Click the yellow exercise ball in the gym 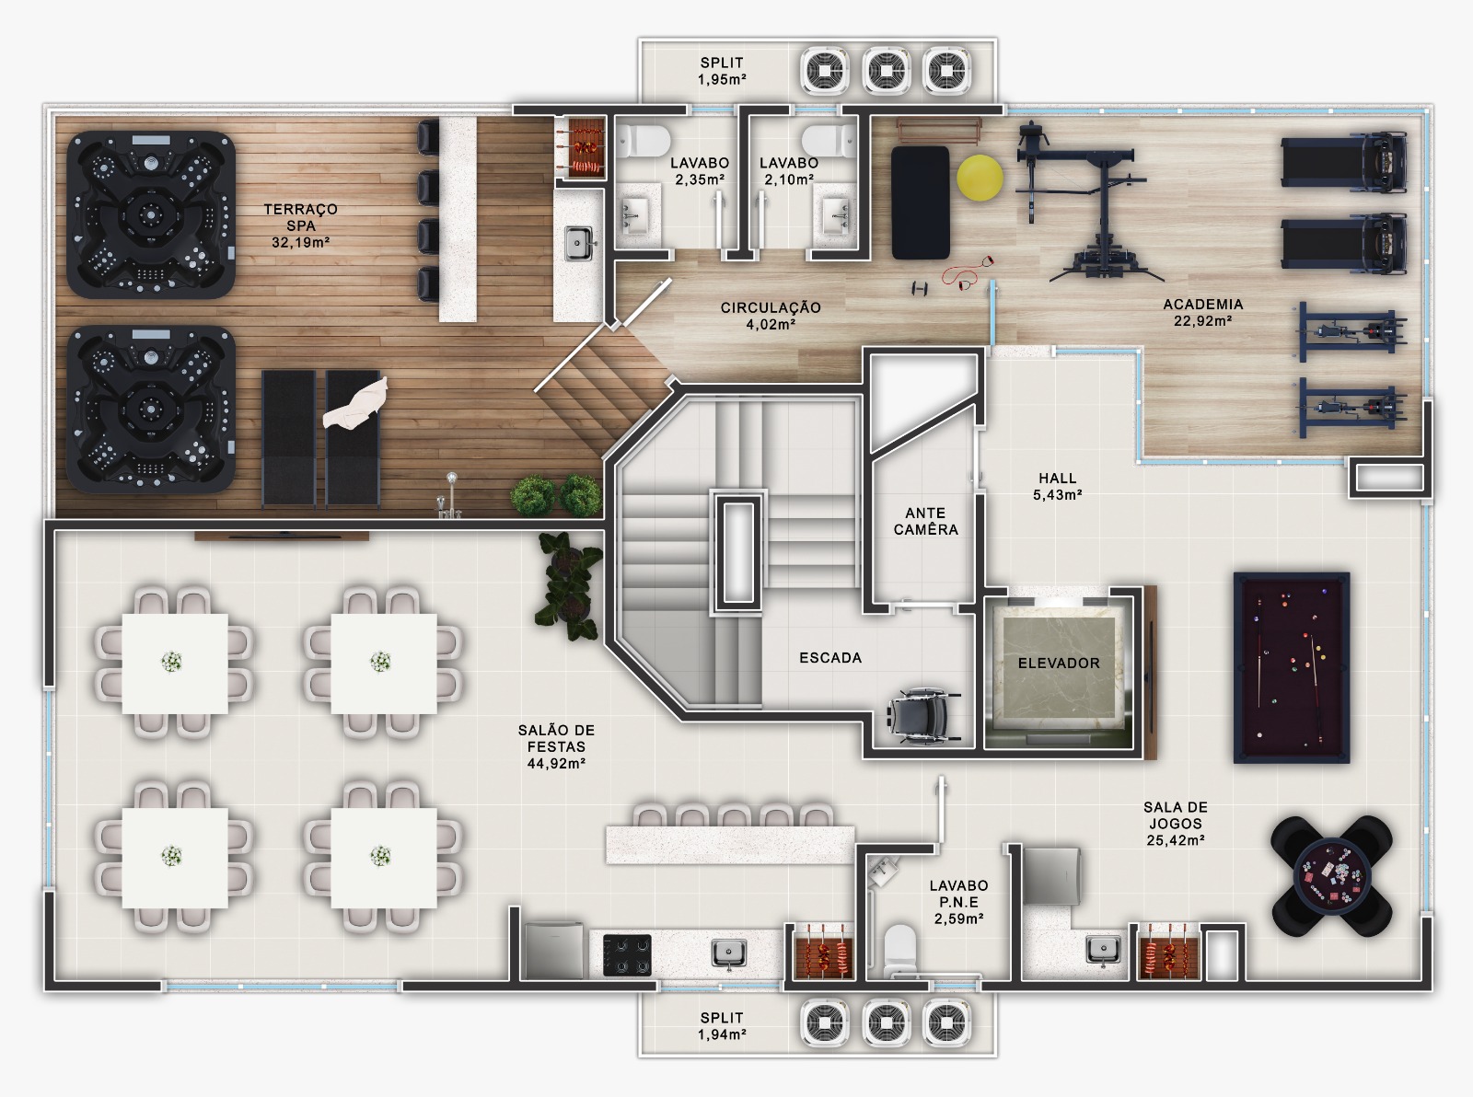[980, 178]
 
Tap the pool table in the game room [1292, 667]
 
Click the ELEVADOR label [1059, 663]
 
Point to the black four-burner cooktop [627, 955]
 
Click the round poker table [1332, 876]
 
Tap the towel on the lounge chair [354, 404]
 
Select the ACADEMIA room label [1202, 304]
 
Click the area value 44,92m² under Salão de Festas [556, 764]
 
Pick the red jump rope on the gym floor [967, 272]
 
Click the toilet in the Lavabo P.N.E [899, 951]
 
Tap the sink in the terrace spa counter [579, 244]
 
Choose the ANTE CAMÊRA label [925, 521]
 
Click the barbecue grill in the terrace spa [581, 148]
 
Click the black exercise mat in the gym [921, 202]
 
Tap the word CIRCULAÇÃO [771, 307]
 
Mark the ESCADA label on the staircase [830, 657]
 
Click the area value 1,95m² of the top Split [722, 80]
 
